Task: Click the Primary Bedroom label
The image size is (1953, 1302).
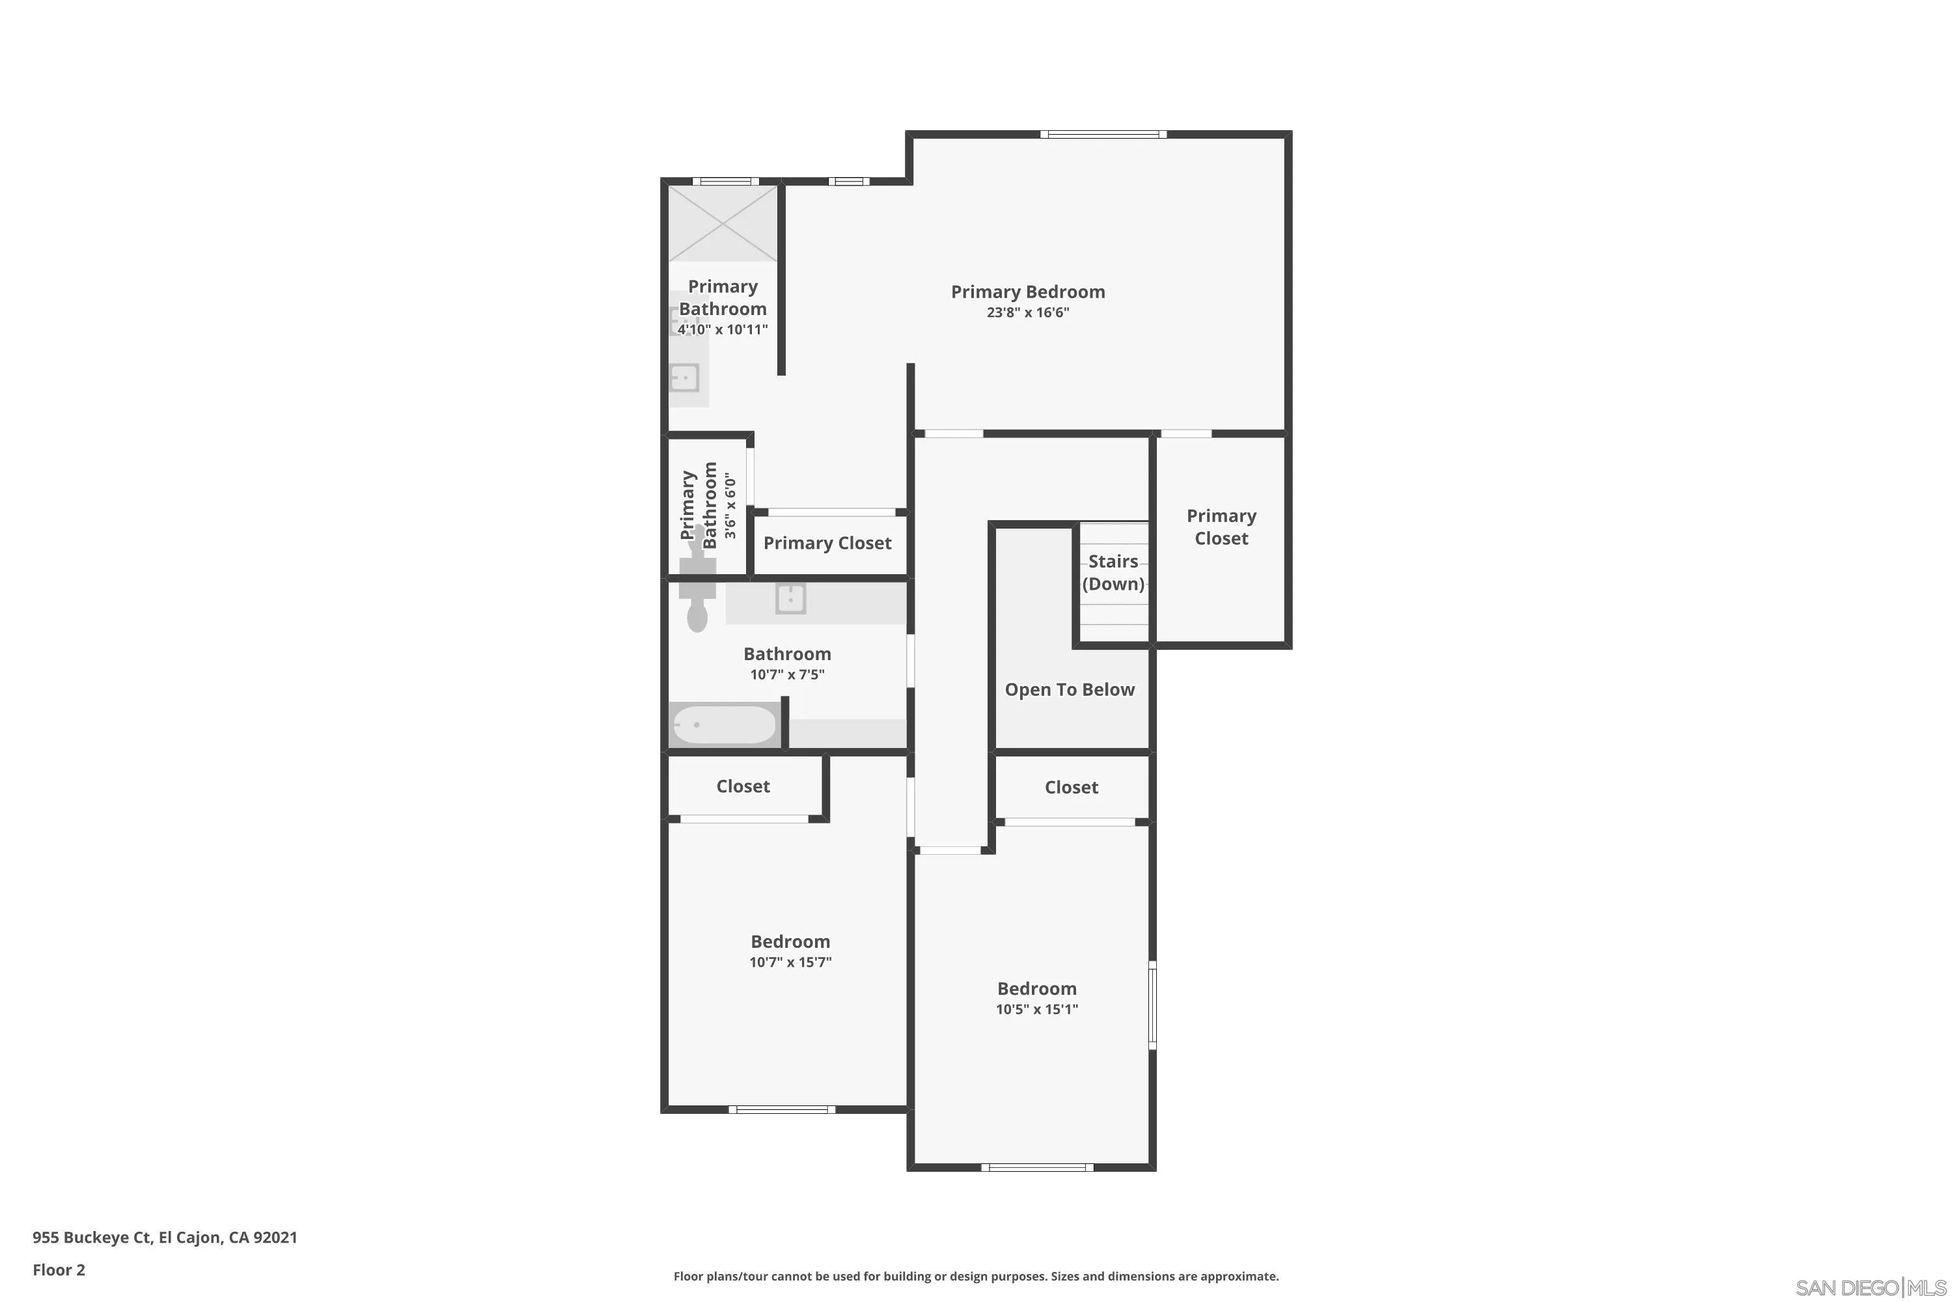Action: point(1028,292)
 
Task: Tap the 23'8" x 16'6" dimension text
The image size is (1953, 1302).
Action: point(1028,312)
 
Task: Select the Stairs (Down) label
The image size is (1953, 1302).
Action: point(1113,572)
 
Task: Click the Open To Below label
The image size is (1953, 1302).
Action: point(1070,689)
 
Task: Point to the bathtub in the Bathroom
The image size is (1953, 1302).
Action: point(724,724)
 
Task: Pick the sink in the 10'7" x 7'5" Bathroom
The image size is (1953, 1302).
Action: point(790,598)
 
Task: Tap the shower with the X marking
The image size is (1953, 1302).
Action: point(723,223)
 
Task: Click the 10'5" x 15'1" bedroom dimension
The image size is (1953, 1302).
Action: point(1037,1009)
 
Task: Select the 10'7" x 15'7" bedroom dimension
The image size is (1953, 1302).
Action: point(790,962)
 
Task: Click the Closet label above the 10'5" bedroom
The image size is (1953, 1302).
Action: point(1071,786)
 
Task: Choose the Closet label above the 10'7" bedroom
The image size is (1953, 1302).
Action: point(743,786)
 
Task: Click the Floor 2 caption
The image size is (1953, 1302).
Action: point(59,1269)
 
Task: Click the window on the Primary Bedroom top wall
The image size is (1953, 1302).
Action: point(1103,133)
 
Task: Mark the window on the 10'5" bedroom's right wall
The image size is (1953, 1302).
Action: point(1152,1004)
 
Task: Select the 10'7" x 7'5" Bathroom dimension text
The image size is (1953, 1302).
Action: point(787,674)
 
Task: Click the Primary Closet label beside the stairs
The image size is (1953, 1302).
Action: point(1221,527)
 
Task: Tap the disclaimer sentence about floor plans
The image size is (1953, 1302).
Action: point(976,1275)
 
